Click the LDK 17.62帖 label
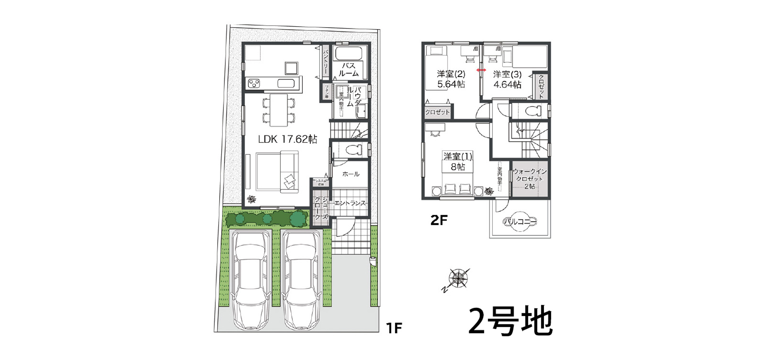287,139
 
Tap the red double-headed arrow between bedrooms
481,70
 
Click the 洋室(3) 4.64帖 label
507,79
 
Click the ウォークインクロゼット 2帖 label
530,179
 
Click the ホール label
351,174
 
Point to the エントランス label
350,203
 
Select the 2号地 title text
510,321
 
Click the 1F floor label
394,328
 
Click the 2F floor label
439,220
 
